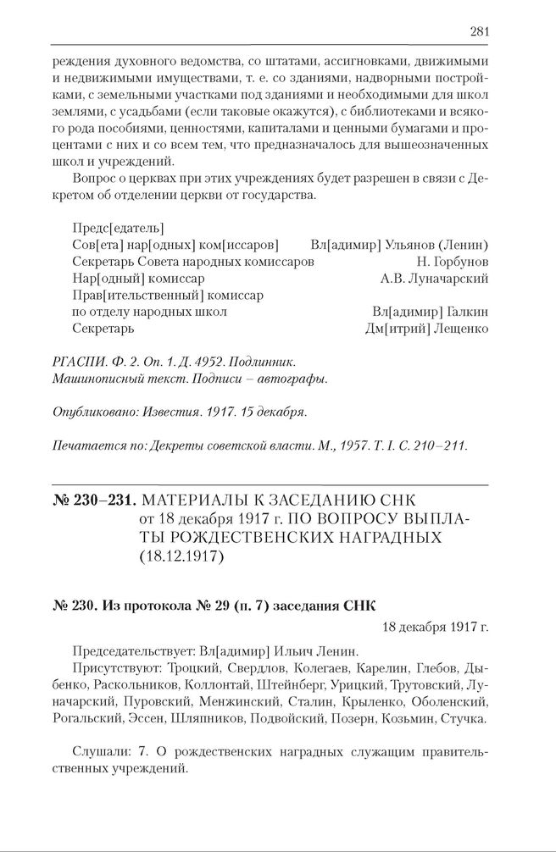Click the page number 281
[479, 31]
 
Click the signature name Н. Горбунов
[453, 262]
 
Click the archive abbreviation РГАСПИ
[77, 362]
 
